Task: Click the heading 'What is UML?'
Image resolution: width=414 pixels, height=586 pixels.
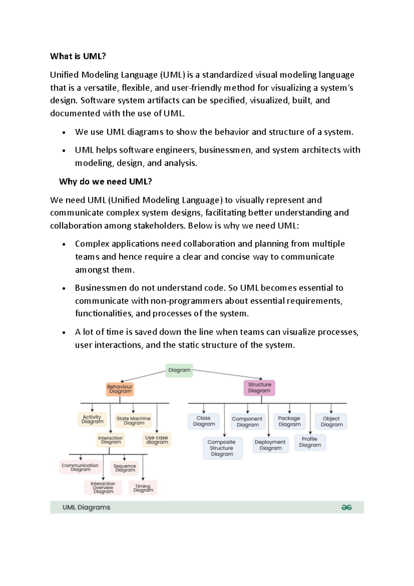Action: [78, 56]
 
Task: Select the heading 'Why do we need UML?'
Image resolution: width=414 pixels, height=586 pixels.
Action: [105, 182]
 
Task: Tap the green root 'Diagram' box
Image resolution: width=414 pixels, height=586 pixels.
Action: [179, 370]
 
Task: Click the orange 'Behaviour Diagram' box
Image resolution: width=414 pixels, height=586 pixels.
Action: [120, 389]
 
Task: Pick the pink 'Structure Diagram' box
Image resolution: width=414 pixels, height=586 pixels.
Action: [259, 388]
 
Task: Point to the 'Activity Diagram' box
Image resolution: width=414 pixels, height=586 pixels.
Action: [92, 419]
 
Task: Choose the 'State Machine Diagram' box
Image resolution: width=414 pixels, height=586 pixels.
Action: [134, 420]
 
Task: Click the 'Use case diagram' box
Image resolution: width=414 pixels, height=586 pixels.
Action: [157, 440]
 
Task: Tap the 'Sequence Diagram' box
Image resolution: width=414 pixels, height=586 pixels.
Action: [125, 468]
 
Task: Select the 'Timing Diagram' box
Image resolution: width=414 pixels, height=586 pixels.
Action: [143, 488]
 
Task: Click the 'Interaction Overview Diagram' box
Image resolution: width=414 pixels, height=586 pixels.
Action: [103, 488]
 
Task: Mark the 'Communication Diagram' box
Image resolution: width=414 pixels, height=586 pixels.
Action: [80, 467]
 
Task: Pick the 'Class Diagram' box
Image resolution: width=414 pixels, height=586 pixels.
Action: [204, 421]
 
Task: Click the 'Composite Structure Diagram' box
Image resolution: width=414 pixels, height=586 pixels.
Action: [222, 448]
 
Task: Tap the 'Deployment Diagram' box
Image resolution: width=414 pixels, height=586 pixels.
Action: [270, 445]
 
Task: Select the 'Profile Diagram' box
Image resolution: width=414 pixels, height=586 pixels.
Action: [310, 442]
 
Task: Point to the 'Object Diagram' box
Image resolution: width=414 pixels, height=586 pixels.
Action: [331, 422]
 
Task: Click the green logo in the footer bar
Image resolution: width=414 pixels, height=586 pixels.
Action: [346, 507]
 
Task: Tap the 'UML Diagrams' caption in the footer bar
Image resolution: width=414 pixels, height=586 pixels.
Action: [86, 507]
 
